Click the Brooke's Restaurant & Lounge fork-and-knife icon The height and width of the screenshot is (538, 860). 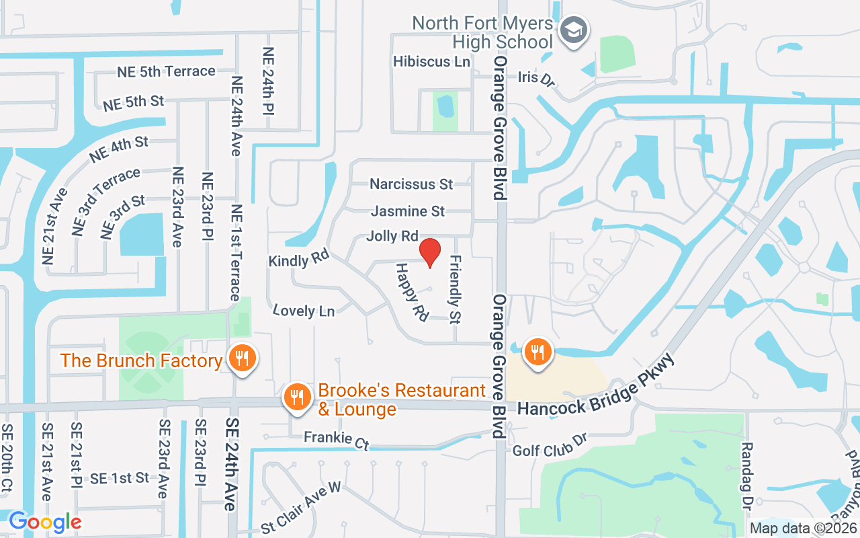pos(296,396)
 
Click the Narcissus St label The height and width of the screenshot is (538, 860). pos(411,184)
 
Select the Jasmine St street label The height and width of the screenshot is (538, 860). pos(408,211)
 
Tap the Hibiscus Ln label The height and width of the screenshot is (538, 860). pos(431,61)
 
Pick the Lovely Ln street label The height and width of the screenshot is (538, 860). pos(304,310)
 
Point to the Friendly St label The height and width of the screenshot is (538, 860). pos(456,289)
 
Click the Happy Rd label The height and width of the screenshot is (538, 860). pos(411,293)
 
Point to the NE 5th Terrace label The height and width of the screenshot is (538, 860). pos(166,71)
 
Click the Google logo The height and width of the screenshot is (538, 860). pos(45,522)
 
